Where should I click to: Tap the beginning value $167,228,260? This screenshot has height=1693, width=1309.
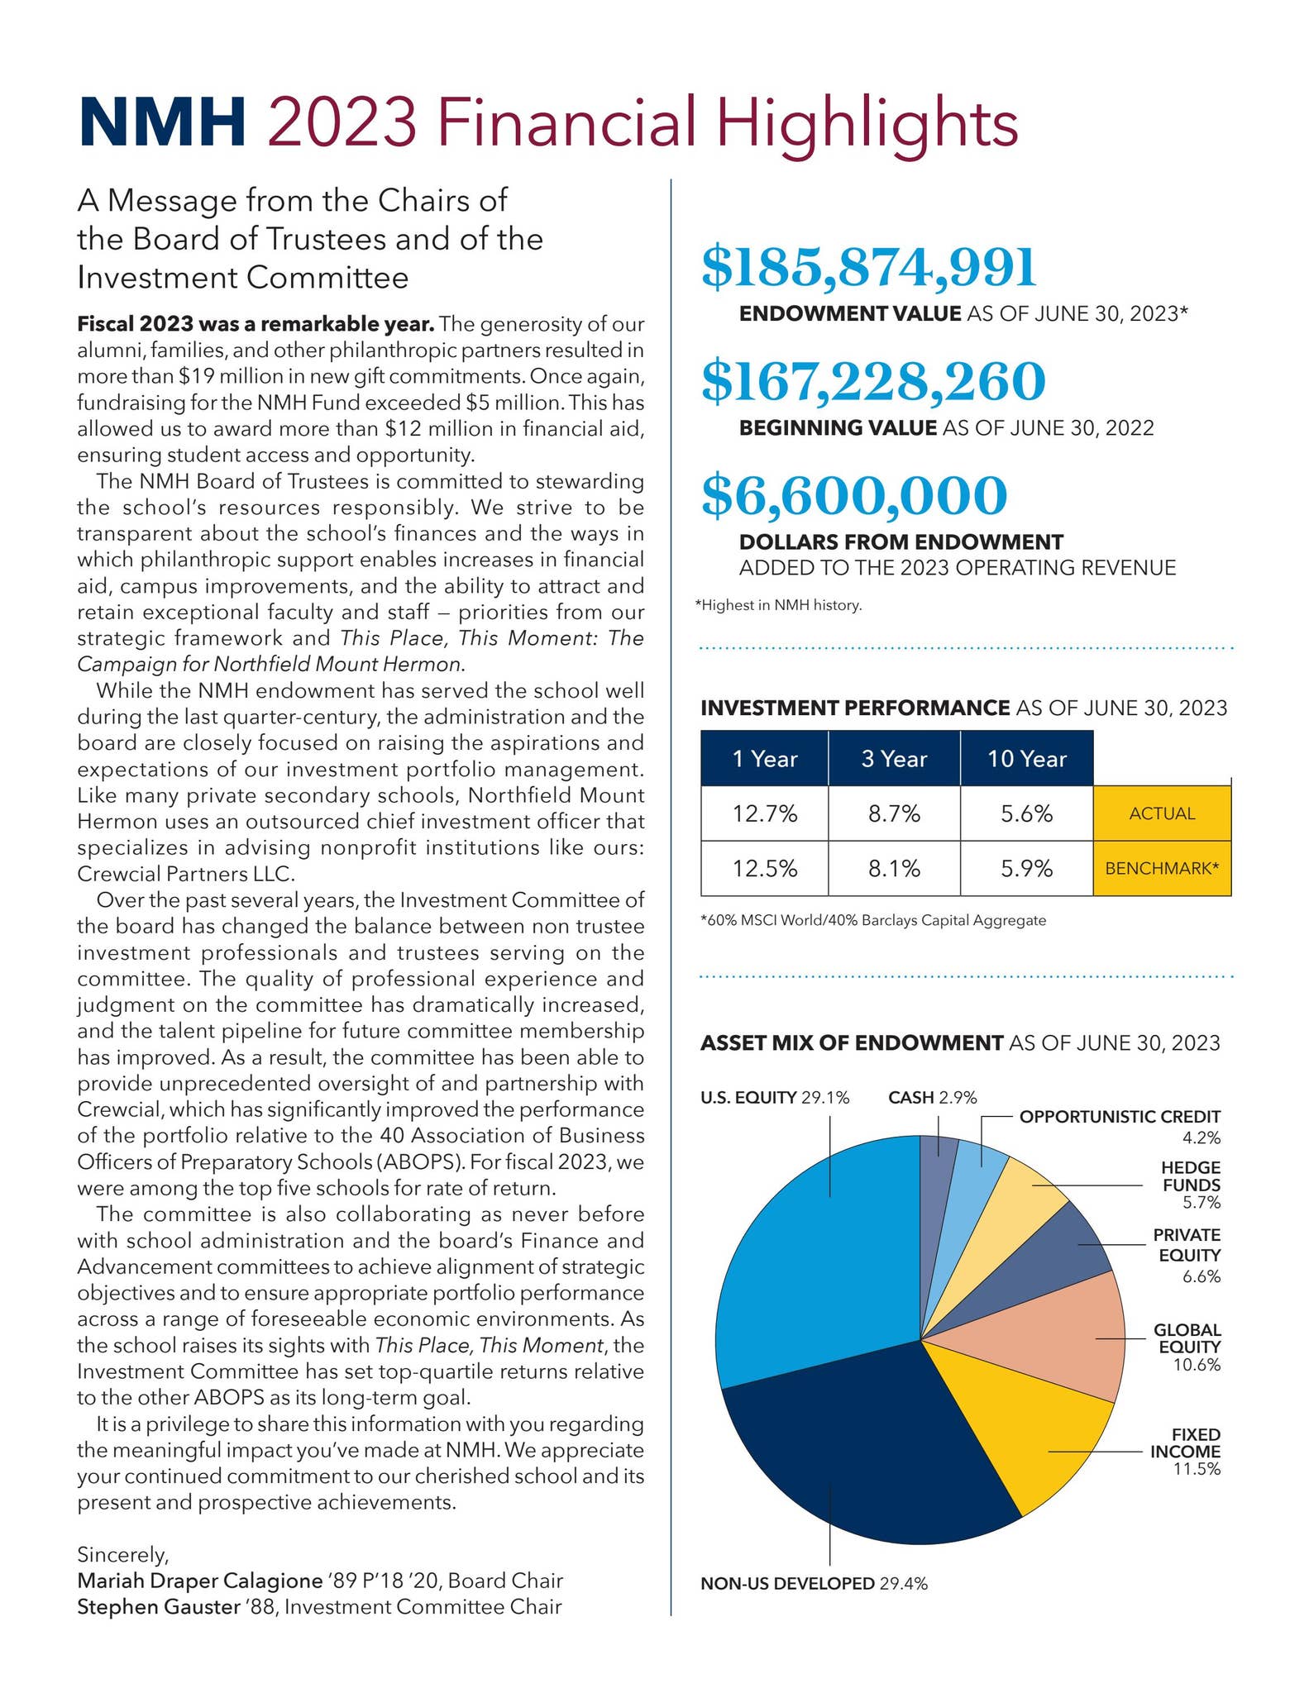(x=873, y=382)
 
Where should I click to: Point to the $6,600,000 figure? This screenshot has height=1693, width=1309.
(x=854, y=495)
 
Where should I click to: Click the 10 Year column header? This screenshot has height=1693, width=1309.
(x=1026, y=759)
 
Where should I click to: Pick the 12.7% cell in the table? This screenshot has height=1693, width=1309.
(x=764, y=814)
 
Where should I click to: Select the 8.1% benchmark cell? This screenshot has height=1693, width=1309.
(x=894, y=869)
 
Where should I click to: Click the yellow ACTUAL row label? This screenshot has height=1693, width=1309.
(x=1162, y=814)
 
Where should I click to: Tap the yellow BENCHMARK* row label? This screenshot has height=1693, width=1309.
(x=1162, y=869)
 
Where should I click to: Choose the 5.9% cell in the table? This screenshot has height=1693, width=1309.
(x=1026, y=869)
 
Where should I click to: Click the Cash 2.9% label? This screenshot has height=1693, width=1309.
(x=932, y=1098)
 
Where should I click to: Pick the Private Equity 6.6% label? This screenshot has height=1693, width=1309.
(x=1187, y=1255)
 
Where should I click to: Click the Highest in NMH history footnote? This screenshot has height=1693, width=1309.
(x=778, y=605)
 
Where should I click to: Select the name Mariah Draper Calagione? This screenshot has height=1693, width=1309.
(x=198, y=1581)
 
